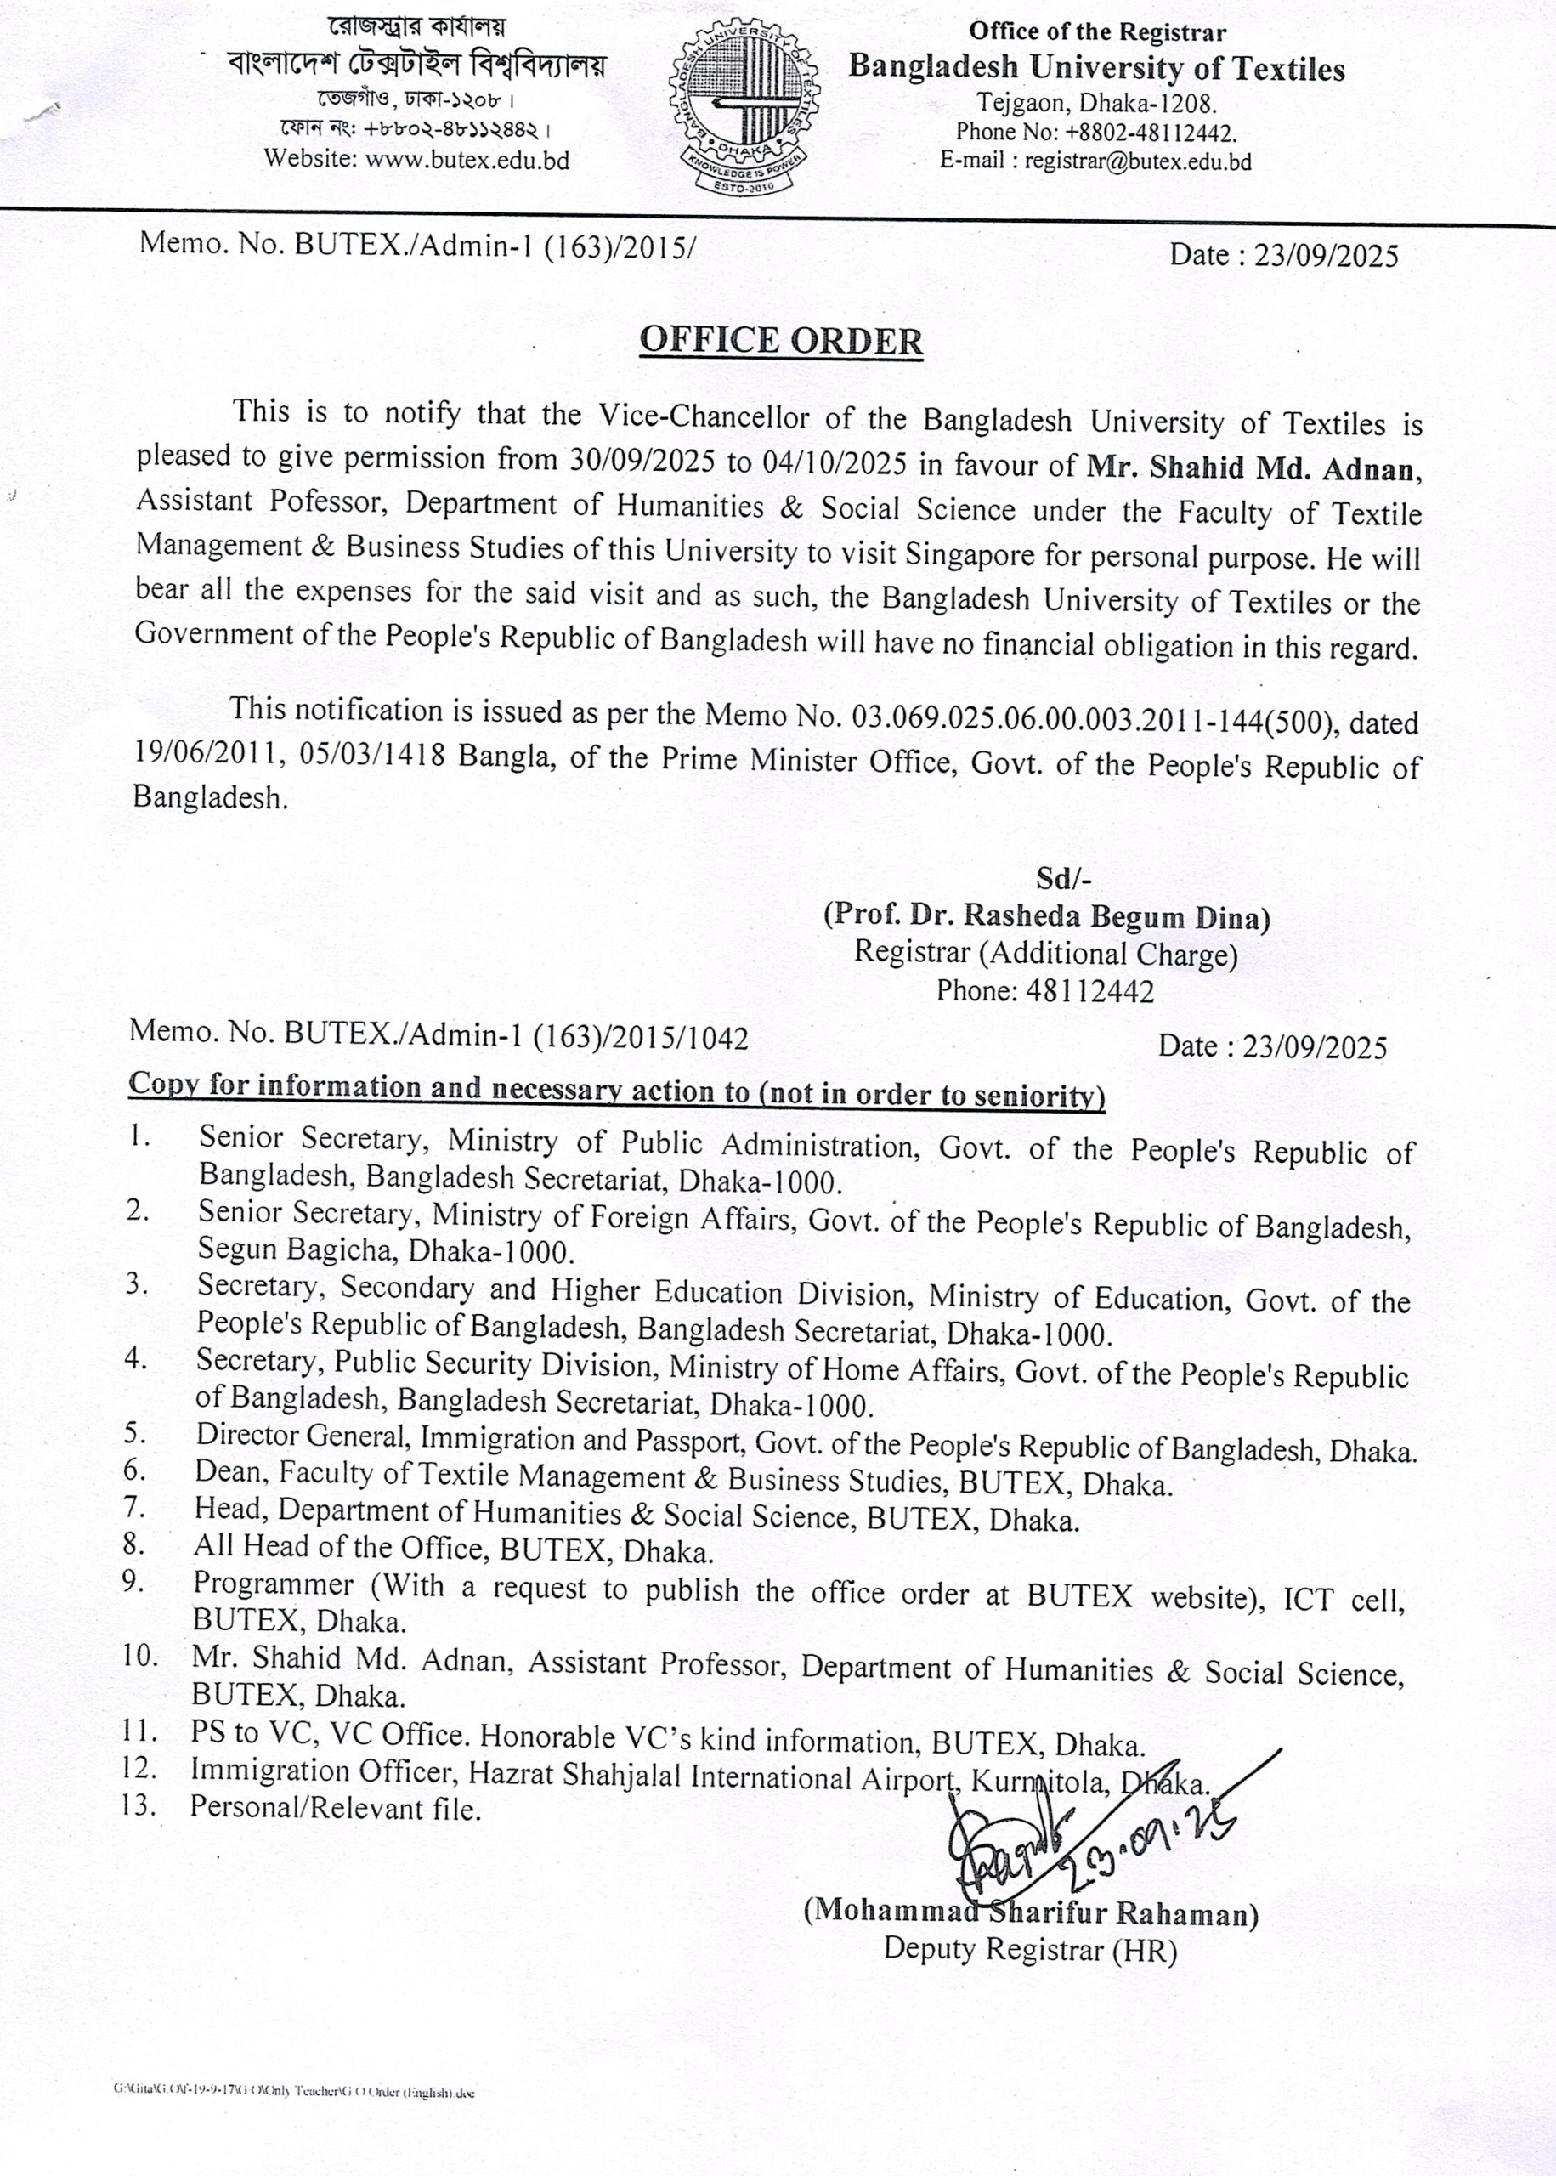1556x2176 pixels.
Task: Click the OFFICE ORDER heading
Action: click(x=781, y=341)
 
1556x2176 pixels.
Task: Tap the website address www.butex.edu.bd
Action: click(x=467, y=160)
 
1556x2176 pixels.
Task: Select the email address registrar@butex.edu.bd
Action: click(x=1137, y=161)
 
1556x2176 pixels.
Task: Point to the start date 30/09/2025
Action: click(x=641, y=462)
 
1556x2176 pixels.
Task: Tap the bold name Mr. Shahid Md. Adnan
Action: click(x=1253, y=468)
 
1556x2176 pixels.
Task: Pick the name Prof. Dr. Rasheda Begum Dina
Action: click(x=1047, y=917)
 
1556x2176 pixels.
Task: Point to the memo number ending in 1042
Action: click(x=439, y=1034)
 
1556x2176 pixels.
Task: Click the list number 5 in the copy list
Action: click(x=135, y=1433)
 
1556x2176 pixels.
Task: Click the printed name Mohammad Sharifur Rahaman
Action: click(x=1031, y=1912)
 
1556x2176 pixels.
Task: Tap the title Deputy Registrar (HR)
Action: click(x=1030, y=1949)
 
